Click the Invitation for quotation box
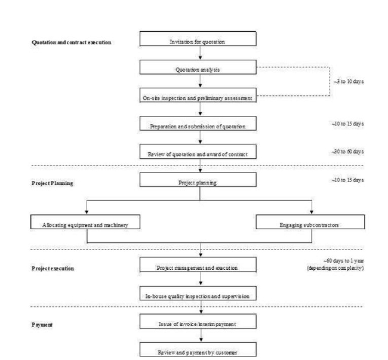tap(198, 39)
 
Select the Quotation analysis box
tap(198, 67)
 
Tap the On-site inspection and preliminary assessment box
tap(198, 96)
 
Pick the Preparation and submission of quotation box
tap(198, 124)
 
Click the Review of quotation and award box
tap(198, 152)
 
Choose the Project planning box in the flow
tap(198, 180)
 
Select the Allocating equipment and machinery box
tap(85, 222)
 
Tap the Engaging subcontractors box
tap(310, 222)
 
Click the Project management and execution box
tap(198, 264)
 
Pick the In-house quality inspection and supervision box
tap(198, 293)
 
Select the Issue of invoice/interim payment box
tap(198, 321)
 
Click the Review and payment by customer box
tap(198, 350)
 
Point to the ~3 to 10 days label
tap(349, 82)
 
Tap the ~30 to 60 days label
tap(347, 152)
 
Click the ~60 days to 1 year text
tap(344, 261)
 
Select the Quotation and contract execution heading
tap(72, 42)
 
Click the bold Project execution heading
tap(53, 269)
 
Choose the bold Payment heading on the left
tap(42, 325)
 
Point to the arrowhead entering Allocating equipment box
tap(87, 212)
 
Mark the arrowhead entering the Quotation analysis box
tap(200, 58)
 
